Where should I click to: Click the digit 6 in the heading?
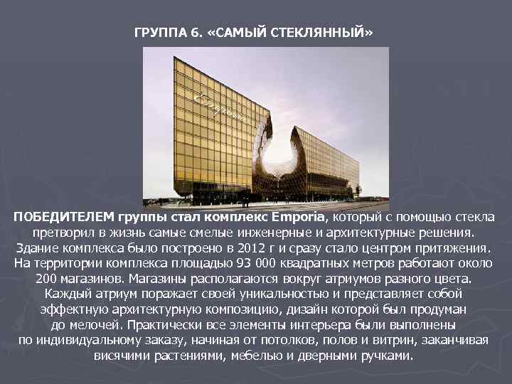click(193, 33)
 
